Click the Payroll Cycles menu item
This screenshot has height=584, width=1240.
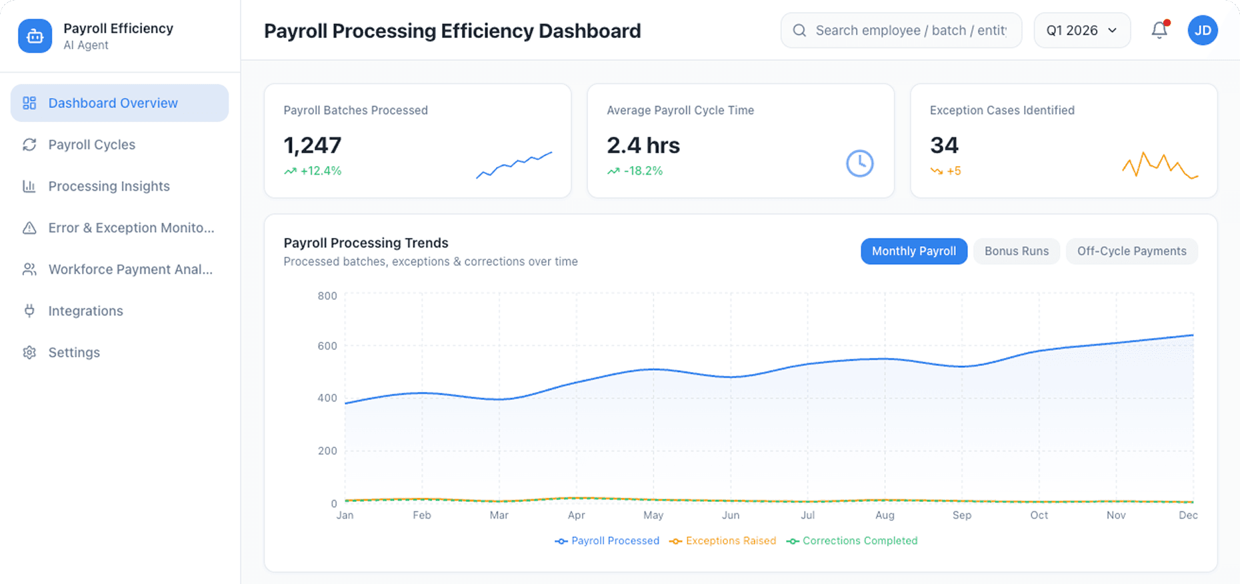91,145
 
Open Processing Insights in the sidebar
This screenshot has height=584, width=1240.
109,186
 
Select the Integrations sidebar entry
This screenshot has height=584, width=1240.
85,311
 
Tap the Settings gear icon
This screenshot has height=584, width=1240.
29,353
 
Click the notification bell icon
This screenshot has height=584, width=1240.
1159,30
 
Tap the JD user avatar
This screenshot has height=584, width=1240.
1202,30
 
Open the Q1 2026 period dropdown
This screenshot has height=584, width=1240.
1081,30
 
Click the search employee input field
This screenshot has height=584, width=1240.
909,30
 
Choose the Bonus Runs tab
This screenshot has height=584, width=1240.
1016,251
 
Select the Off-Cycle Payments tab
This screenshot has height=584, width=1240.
1131,251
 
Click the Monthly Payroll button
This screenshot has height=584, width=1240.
913,251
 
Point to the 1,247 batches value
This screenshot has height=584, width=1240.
312,145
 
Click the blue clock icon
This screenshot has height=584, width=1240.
859,163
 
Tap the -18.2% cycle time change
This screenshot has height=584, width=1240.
643,171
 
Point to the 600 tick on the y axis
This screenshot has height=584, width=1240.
327,346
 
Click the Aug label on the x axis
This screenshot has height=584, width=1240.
884,515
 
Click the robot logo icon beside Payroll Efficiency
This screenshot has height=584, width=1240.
35,36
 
